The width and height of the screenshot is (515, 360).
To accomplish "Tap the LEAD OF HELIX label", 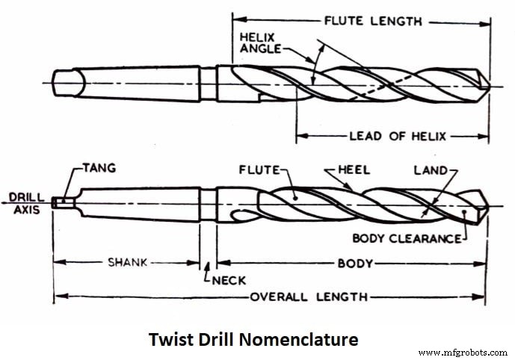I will [398, 136].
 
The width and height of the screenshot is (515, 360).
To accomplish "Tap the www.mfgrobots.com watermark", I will [463, 352].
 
